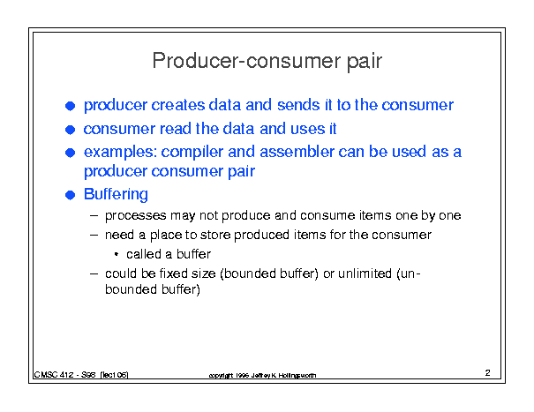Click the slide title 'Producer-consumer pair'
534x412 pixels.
pyautogui.click(x=267, y=62)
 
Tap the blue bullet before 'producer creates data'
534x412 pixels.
pyautogui.click(x=70, y=106)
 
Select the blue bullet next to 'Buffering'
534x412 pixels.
pyautogui.click(x=70, y=195)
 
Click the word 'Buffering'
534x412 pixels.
pyautogui.click(x=116, y=195)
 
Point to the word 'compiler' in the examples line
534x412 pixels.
pyautogui.click(x=192, y=153)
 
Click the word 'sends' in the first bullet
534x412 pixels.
pyautogui.click(x=298, y=105)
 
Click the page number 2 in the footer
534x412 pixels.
pyautogui.click(x=488, y=373)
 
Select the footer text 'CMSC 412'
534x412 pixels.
pyautogui.click(x=54, y=375)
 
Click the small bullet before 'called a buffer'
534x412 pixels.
pyautogui.click(x=117, y=254)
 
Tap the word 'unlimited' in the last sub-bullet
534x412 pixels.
pyautogui.click(x=365, y=273)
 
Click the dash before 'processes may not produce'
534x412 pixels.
pyautogui.click(x=94, y=215)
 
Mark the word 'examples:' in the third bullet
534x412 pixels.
pyautogui.click(x=120, y=153)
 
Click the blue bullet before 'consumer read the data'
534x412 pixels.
pyautogui.click(x=70, y=130)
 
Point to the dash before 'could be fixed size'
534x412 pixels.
pyautogui.click(x=94, y=273)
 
